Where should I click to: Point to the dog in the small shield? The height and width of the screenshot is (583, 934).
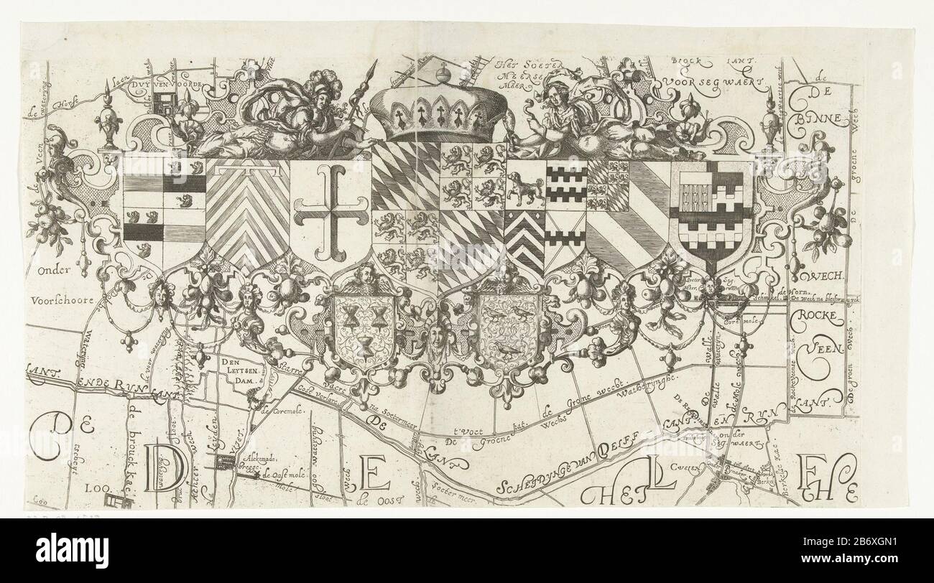(526, 190)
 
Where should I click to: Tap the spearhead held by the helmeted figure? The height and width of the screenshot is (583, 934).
(372, 72)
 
